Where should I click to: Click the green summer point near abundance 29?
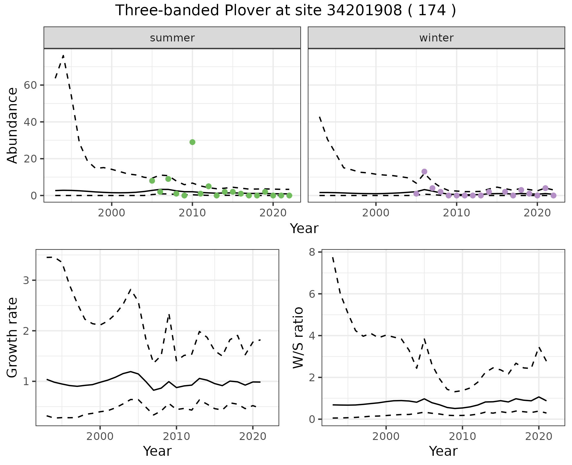click(x=192, y=142)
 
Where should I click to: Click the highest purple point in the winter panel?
click(x=424, y=172)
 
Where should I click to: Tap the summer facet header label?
click(x=172, y=38)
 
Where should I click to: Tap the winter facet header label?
click(x=436, y=38)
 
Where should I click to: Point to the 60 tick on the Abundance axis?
click(x=30, y=85)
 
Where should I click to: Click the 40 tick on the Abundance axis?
click(x=30, y=122)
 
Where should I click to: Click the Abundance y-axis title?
click(x=13, y=125)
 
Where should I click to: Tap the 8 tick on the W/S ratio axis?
click(x=312, y=252)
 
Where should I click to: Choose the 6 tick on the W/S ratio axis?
click(x=312, y=294)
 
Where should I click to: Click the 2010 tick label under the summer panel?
click(x=192, y=213)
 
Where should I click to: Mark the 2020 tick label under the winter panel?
click(x=537, y=213)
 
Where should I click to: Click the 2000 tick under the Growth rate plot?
click(x=100, y=437)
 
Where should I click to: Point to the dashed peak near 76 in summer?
click(x=63, y=56)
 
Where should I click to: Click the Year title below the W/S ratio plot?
click(x=443, y=451)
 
